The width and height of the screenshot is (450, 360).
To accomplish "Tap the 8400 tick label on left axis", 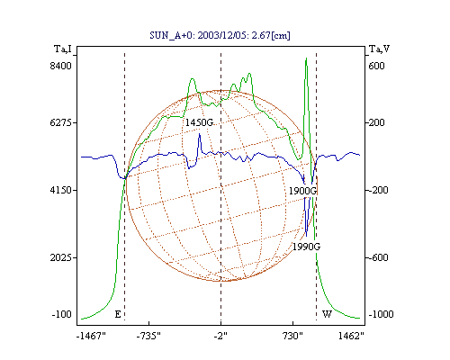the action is point(60,66).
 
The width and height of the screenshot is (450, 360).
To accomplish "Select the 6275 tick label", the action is point(60,122).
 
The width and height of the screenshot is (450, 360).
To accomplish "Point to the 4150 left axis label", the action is point(60,190).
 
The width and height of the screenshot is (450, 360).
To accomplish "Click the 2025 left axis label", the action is point(60,257).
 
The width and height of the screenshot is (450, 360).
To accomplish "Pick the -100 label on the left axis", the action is point(61,314).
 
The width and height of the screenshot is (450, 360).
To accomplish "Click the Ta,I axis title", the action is point(63,49).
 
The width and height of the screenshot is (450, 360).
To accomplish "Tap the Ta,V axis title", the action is point(379,49).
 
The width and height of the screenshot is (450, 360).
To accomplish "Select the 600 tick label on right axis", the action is point(376,66).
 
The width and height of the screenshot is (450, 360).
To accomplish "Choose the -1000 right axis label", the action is point(381,314).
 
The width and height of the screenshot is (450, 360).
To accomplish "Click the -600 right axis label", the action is point(378,257).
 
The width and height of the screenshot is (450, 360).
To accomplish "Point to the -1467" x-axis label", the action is point(91,336).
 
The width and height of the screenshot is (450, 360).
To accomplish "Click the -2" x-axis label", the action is point(220,336).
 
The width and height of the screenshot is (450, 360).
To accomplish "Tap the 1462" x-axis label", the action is point(351,336).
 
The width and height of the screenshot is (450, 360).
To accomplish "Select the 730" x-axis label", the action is point(292,336).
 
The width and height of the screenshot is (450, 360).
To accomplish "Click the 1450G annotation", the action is point(199,122).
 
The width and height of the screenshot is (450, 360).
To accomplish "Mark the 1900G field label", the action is point(302,191).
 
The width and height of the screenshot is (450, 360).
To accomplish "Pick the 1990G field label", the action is point(306,247).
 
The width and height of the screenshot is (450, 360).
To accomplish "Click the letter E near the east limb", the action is point(118,314).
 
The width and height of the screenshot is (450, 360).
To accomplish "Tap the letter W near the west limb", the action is point(327,314).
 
